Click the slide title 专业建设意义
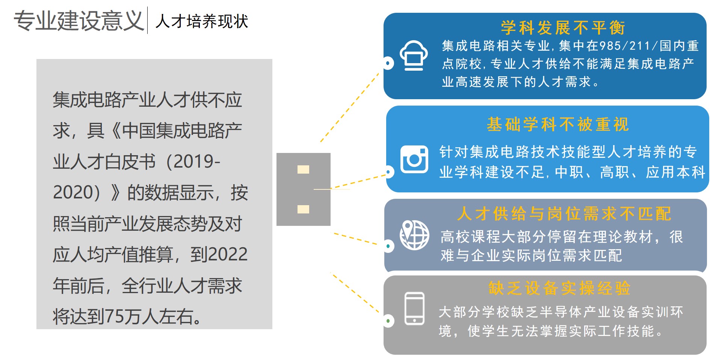pyautogui.click(x=79, y=21)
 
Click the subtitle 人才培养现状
pyautogui.click(x=202, y=21)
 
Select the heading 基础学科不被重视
pyautogui.click(x=557, y=124)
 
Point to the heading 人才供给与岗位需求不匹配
pyautogui.click(x=564, y=214)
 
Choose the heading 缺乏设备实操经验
pyautogui.click(x=559, y=288)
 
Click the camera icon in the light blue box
pyautogui.click(x=414, y=159)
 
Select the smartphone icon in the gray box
pyautogui.click(x=414, y=309)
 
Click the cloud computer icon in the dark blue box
pyautogui.click(x=414, y=55)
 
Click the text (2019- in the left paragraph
pyautogui.click(x=191, y=162)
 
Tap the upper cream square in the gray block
pyautogui.click(x=303, y=169)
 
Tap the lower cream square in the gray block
pyautogui.click(x=303, y=209)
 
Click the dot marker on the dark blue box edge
pyautogui.click(x=388, y=63)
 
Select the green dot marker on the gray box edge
pyautogui.click(x=388, y=321)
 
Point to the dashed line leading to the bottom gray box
pyautogui.click(x=355, y=292)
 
